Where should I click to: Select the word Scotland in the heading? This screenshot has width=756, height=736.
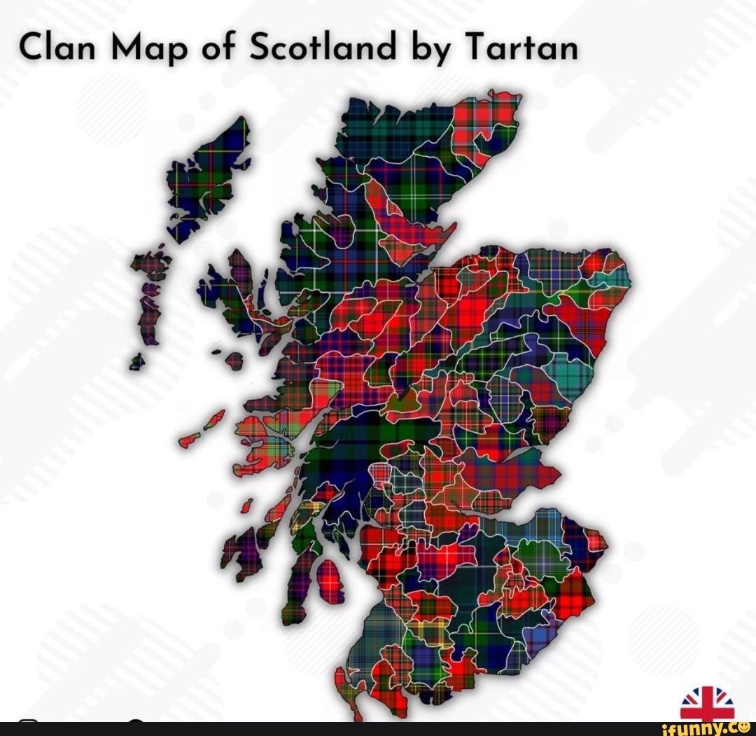click(x=324, y=48)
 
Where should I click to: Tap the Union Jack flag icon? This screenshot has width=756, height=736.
click(x=707, y=702)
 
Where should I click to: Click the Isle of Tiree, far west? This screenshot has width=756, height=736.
click(x=189, y=440)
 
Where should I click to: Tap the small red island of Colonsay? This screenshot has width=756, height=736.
click(x=246, y=505)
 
